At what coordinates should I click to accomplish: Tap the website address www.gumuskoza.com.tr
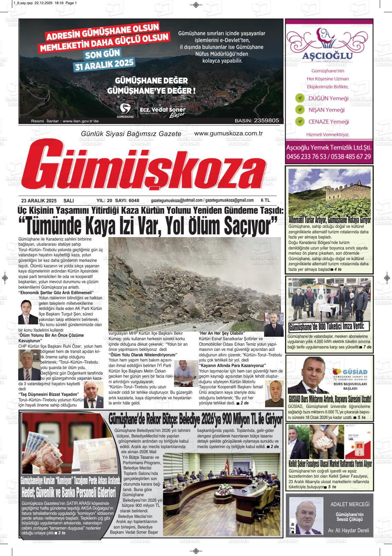tap(228, 133)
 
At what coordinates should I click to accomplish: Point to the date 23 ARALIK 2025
tap(39, 201)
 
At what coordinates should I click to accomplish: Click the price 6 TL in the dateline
tap(265, 200)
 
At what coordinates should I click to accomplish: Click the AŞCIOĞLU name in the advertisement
tap(328, 56)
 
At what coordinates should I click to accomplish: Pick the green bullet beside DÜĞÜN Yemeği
tap(300, 98)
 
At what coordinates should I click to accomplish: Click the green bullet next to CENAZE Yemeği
tap(300, 121)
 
